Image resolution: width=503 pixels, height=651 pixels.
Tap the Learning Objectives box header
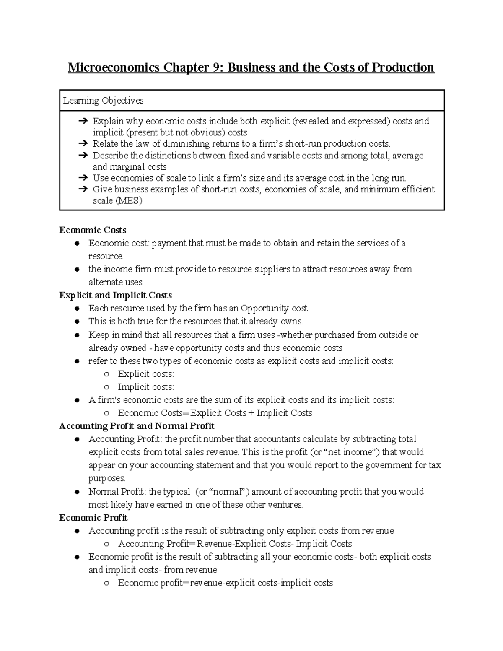[103, 101]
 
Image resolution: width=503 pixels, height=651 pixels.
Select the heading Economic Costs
[93, 230]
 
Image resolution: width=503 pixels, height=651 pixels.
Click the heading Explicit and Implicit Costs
[115, 295]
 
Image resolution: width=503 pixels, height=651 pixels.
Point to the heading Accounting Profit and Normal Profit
[137, 426]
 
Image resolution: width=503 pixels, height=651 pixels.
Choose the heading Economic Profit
[93, 518]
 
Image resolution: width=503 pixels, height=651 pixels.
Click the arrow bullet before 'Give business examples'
[82, 189]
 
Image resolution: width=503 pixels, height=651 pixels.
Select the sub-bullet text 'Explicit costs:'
[145, 374]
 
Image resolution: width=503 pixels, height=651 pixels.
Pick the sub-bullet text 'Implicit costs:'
[145, 387]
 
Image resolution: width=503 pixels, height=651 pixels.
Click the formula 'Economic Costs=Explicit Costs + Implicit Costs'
[215, 413]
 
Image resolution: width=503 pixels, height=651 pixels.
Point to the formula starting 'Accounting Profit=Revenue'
[235, 544]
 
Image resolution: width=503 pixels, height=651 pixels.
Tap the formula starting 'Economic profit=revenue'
[225, 583]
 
